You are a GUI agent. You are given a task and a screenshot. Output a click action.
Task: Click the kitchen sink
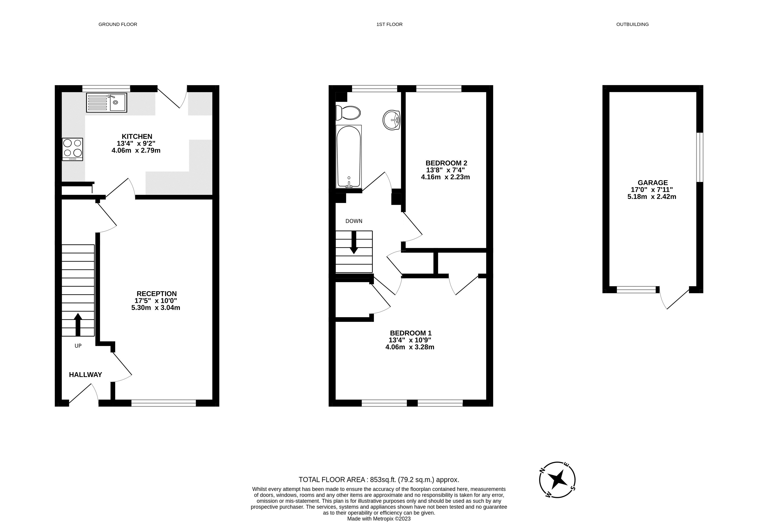[107, 103]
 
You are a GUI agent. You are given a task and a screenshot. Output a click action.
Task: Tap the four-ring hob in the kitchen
[73, 149]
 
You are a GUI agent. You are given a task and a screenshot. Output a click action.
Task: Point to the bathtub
[349, 157]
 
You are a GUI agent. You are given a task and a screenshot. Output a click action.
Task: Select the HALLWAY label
[86, 375]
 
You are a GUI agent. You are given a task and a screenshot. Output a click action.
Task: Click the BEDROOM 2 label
[446, 163]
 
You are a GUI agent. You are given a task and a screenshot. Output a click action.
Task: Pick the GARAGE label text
[653, 183]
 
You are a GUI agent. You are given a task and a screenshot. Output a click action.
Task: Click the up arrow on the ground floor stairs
[78, 324]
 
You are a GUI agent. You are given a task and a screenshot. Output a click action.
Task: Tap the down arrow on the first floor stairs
[354, 242]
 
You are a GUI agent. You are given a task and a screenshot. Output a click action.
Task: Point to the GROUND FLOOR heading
[118, 24]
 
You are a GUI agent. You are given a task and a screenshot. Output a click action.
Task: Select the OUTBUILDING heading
[633, 24]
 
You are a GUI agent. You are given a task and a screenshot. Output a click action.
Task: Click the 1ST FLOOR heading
[389, 24]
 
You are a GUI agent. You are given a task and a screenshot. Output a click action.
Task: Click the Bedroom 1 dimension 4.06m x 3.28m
[410, 347]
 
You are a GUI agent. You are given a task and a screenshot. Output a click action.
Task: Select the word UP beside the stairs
[78, 346]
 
